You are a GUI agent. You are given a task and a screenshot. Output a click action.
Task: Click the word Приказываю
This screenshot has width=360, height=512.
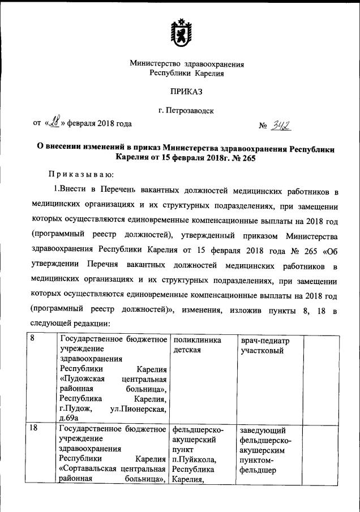(x=82, y=173)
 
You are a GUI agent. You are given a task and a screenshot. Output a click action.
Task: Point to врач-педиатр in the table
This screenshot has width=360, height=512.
(x=264, y=341)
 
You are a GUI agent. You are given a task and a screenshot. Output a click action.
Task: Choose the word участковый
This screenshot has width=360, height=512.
(x=263, y=351)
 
